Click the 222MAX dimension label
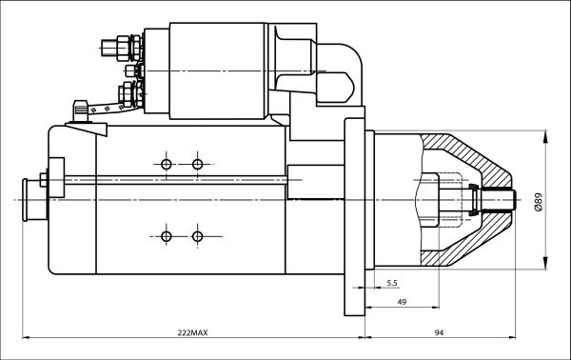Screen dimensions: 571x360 click(x=192, y=332)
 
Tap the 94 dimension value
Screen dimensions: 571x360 click(x=439, y=332)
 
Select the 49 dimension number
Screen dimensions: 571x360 click(x=402, y=302)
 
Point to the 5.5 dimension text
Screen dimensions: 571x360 click(x=392, y=283)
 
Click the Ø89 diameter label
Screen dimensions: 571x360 click(x=538, y=202)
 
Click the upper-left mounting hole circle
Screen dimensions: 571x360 click(x=166, y=165)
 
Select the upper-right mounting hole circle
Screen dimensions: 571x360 click(x=197, y=165)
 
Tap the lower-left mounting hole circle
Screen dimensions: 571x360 click(x=166, y=236)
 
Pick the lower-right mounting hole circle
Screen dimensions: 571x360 click(x=197, y=236)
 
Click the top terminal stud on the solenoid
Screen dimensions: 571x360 click(x=120, y=48)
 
